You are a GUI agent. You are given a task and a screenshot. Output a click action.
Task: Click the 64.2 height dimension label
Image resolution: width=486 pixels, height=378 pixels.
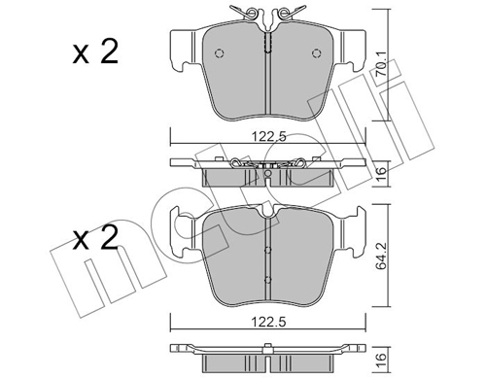pyautogui.click(x=381, y=258)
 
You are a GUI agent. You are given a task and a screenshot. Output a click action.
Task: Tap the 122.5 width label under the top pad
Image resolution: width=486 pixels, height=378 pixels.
pyautogui.click(x=269, y=137)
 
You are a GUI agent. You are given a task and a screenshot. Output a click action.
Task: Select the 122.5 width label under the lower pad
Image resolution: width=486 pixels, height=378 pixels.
pyautogui.click(x=269, y=322)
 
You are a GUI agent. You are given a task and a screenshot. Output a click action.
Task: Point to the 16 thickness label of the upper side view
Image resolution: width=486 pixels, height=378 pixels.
pyautogui.click(x=382, y=174)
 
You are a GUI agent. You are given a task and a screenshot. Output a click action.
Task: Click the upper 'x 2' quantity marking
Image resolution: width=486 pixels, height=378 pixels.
pyautogui.click(x=95, y=52)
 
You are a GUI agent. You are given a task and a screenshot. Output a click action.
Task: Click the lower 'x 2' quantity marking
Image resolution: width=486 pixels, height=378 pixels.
pyautogui.click(x=95, y=239)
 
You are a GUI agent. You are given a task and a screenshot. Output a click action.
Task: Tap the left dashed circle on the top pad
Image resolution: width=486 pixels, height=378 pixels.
pyautogui.click(x=220, y=53)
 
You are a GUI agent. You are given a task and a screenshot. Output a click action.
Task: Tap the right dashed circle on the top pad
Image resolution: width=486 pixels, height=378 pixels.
pyautogui.click(x=317, y=53)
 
